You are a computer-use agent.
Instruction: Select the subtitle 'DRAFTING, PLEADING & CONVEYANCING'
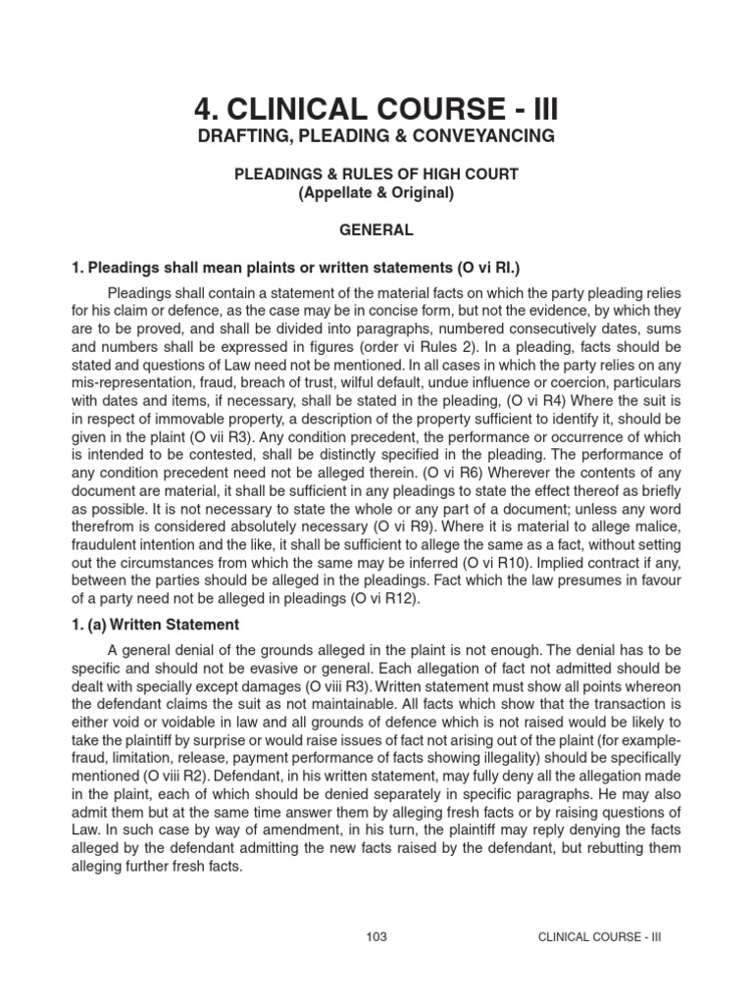pos(376,135)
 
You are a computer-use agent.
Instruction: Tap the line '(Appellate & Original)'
pos(376,193)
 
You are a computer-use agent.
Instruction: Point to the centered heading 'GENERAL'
pos(376,230)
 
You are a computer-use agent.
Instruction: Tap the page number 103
pos(376,936)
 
